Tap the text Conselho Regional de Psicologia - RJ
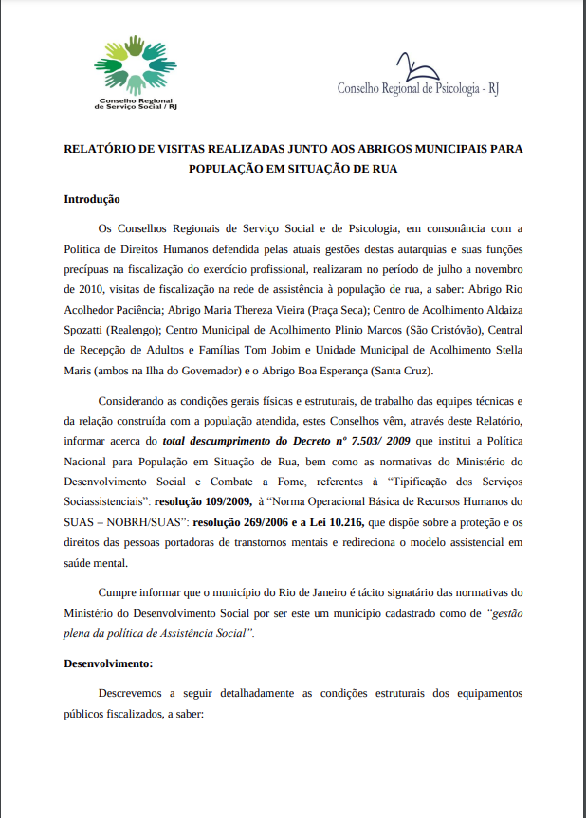click(418, 88)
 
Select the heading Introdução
click(91, 199)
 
